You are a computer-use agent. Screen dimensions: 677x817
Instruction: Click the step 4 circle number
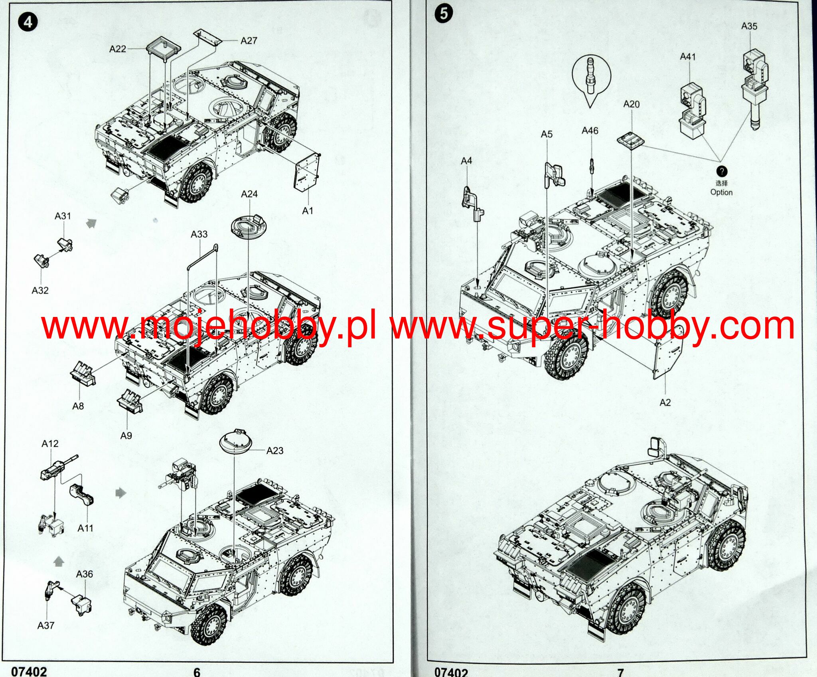click(x=28, y=22)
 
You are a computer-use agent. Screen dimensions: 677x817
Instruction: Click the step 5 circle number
click(x=444, y=14)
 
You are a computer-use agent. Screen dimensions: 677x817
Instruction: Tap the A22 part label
click(x=118, y=49)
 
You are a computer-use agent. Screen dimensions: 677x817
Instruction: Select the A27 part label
click(x=249, y=41)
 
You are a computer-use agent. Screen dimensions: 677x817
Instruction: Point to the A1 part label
click(x=307, y=210)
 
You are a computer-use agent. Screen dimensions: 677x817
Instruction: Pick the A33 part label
click(x=199, y=234)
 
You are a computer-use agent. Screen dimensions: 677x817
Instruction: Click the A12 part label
click(x=50, y=443)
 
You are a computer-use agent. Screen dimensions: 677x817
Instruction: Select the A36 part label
click(x=84, y=574)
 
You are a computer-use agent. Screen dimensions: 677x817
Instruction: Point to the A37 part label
click(x=45, y=625)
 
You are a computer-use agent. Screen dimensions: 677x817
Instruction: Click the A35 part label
click(x=749, y=26)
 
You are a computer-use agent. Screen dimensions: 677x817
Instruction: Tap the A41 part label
click(x=688, y=57)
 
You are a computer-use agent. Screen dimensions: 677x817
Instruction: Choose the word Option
click(x=721, y=192)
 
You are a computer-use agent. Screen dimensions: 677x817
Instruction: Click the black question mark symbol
click(x=722, y=172)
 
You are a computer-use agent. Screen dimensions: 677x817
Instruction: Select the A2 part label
click(x=665, y=402)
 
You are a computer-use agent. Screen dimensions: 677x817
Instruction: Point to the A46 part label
click(x=590, y=131)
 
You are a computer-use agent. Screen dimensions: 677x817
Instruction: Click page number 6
click(x=197, y=672)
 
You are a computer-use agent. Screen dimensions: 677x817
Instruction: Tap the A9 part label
click(x=126, y=435)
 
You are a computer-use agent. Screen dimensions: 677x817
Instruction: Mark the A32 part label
click(x=40, y=290)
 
